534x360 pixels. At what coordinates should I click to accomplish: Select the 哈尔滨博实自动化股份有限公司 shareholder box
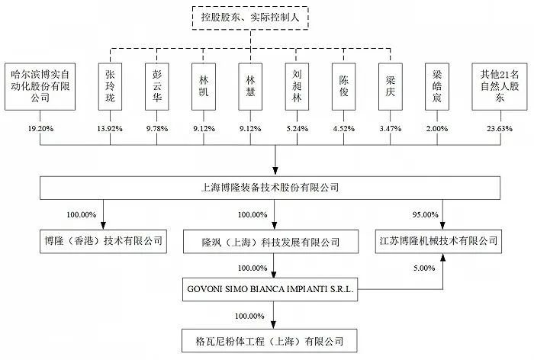(x=37, y=84)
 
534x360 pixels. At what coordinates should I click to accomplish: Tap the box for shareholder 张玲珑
(x=113, y=84)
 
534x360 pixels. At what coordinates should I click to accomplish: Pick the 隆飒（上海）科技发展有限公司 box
(x=273, y=241)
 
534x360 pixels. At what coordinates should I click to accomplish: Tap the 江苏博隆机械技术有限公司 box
(x=445, y=241)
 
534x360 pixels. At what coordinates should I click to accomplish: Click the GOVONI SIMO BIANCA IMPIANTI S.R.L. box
(x=272, y=290)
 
